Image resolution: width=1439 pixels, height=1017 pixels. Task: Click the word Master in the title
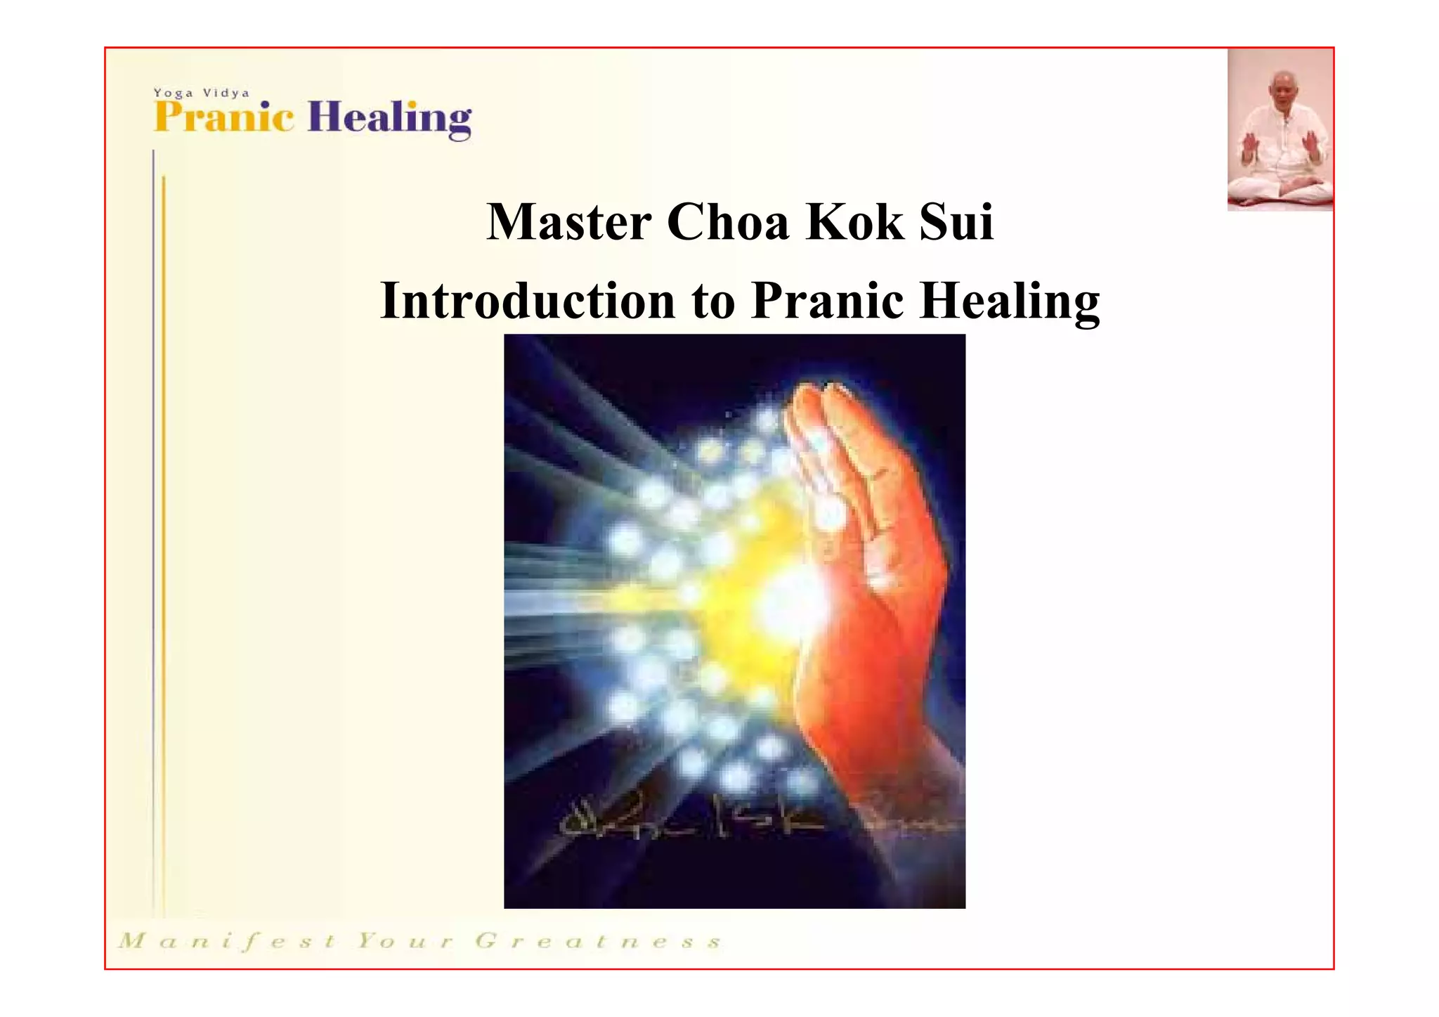[x=568, y=222]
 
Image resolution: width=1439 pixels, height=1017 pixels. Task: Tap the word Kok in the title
[x=854, y=222]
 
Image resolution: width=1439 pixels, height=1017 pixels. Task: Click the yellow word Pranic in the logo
[x=223, y=117]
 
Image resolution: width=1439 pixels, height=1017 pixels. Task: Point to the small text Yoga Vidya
[x=201, y=93]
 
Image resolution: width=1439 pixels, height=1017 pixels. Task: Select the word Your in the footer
[x=403, y=941]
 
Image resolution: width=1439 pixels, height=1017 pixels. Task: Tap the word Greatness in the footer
[x=598, y=941]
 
